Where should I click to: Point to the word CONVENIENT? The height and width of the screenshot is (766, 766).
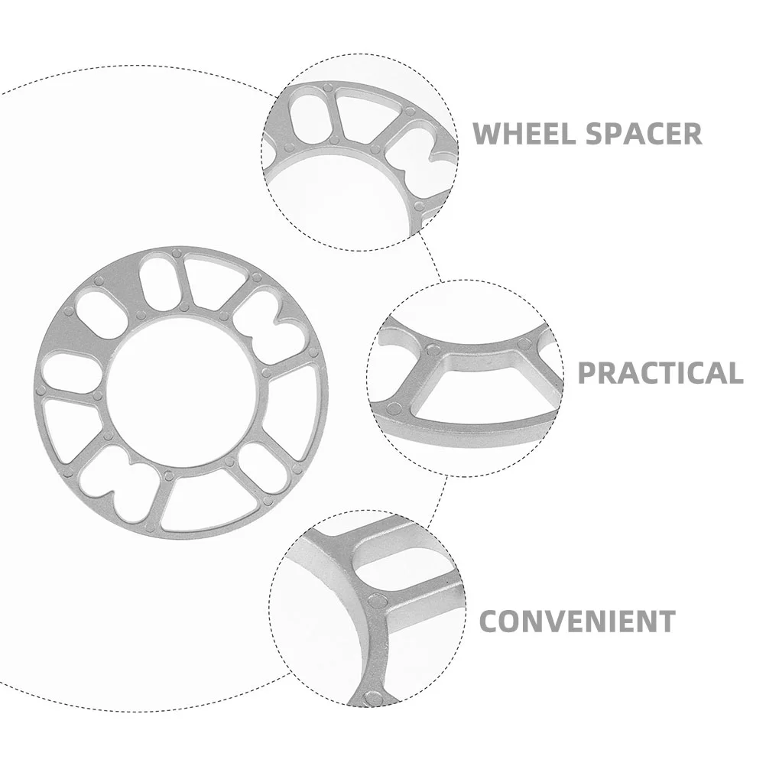coord(577,620)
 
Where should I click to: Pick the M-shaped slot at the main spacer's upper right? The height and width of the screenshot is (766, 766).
coord(263,317)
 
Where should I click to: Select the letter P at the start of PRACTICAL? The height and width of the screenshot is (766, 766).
coord(586,372)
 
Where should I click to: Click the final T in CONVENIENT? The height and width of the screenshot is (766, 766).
coord(667,620)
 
